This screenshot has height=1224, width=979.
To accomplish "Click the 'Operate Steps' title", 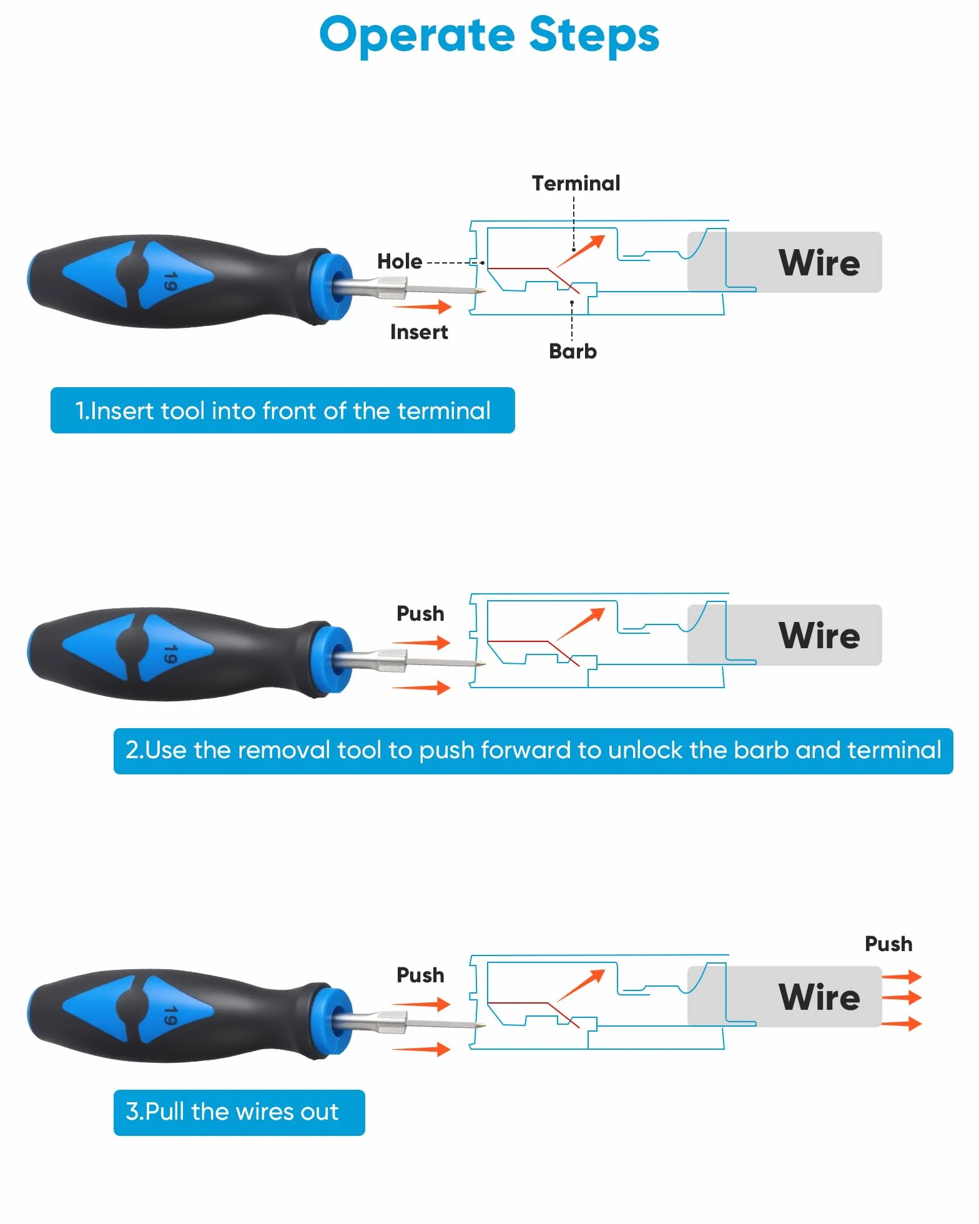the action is (x=489, y=36).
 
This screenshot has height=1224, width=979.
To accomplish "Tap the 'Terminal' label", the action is (x=576, y=183).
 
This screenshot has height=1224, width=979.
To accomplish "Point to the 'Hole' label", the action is (x=400, y=261).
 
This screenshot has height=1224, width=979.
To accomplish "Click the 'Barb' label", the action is (x=573, y=351).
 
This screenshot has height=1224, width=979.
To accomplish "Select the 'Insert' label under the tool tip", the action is (x=419, y=332).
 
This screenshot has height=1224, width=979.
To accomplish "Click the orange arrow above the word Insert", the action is (x=422, y=306).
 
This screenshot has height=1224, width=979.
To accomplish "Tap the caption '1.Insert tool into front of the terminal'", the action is (x=283, y=410).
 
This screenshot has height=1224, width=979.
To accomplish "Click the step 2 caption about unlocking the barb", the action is (x=533, y=751).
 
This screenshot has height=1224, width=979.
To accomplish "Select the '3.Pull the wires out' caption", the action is (x=239, y=1112).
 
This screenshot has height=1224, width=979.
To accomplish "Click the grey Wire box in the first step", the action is (x=785, y=262).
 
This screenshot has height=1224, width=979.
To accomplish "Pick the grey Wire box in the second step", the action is (x=785, y=635).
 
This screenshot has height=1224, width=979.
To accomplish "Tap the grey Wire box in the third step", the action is (x=785, y=997).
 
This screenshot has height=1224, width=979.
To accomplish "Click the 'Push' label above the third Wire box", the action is (x=888, y=944).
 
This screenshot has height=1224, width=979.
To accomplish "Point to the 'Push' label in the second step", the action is (x=420, y=613).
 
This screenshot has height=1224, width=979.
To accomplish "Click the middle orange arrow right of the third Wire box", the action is (x=902, y=997).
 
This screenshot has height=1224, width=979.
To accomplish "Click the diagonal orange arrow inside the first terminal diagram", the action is (x=581, y=251).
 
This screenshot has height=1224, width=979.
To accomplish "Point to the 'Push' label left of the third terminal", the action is (x=420, y=975).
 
